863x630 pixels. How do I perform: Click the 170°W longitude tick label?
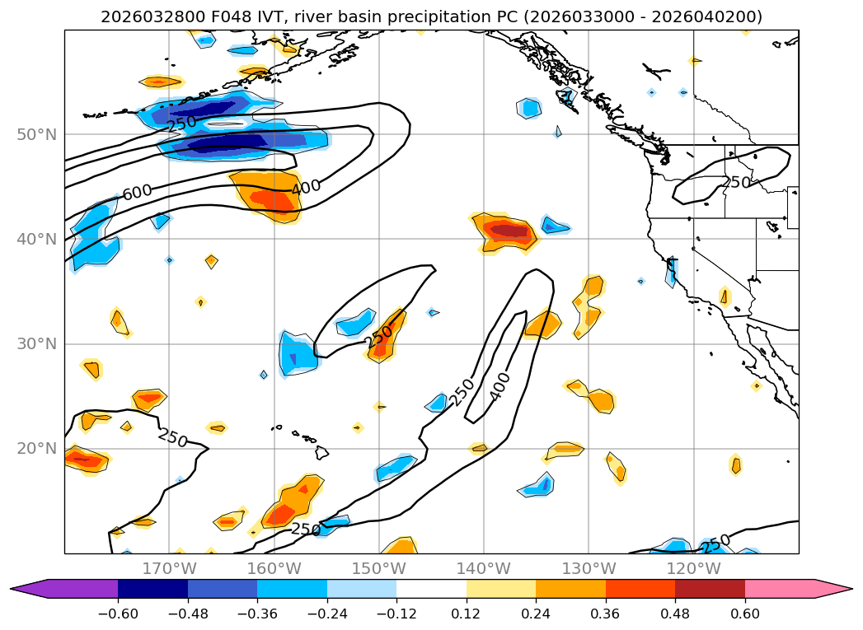tap(169, 568)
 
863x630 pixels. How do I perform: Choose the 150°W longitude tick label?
tap(378, 568)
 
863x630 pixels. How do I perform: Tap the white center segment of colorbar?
tap(431, 588)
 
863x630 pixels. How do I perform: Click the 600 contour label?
tap(137, 191)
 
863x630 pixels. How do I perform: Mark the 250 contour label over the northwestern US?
tap(736, 181)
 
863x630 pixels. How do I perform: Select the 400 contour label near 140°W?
tap(500, 386)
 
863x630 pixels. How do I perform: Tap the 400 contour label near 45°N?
tap(306, 188)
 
